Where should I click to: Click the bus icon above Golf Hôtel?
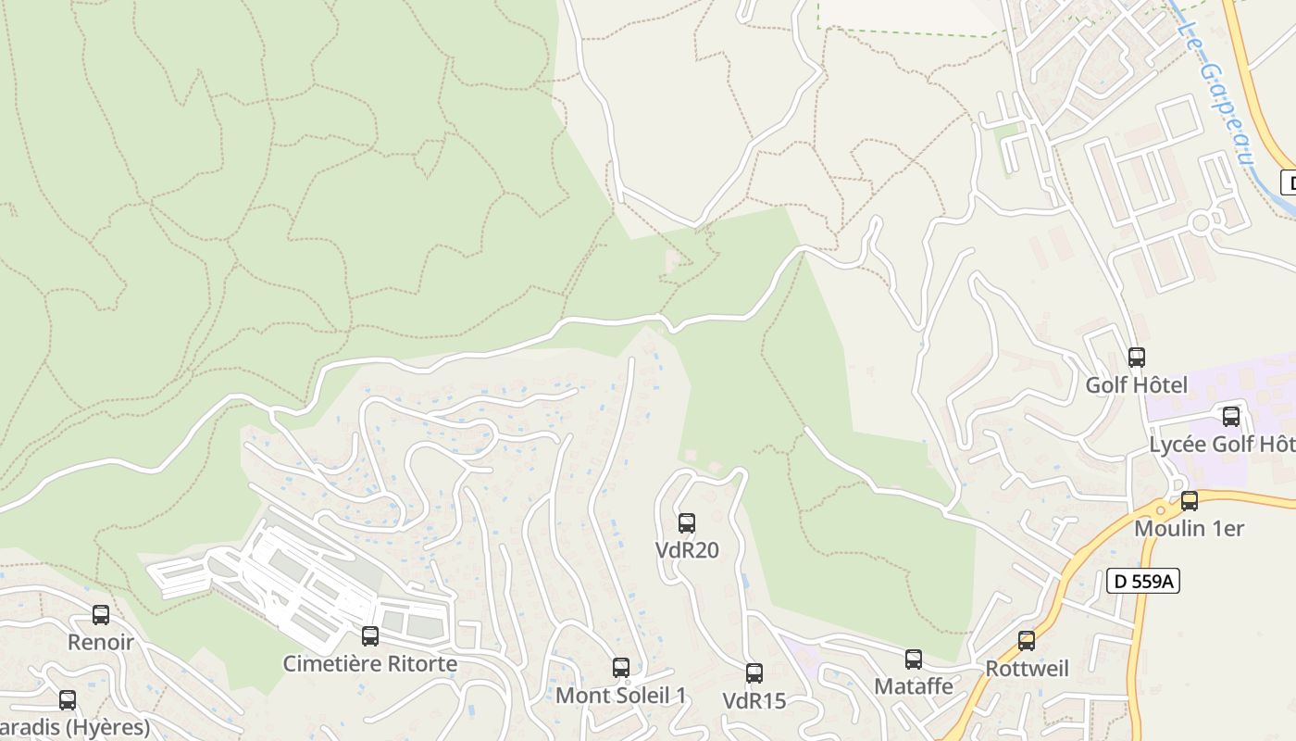1136,357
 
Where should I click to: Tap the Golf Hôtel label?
1136,384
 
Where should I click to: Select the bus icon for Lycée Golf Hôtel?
1230,417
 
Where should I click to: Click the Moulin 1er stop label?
1189,529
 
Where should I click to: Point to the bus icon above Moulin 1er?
1189,501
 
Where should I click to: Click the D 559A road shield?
1143,581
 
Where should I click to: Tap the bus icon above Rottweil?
1026,641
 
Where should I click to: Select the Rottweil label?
1027,669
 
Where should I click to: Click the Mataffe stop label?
914,686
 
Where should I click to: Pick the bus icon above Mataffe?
914,659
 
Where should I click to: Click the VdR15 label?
754,701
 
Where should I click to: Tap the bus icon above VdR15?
754,673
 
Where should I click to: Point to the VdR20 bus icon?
686,523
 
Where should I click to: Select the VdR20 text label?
687,550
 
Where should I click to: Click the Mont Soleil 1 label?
621,695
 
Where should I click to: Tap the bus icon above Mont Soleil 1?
621,668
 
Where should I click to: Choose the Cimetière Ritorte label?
369,664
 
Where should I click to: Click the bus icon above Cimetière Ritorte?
369,636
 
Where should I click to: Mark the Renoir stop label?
101,642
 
